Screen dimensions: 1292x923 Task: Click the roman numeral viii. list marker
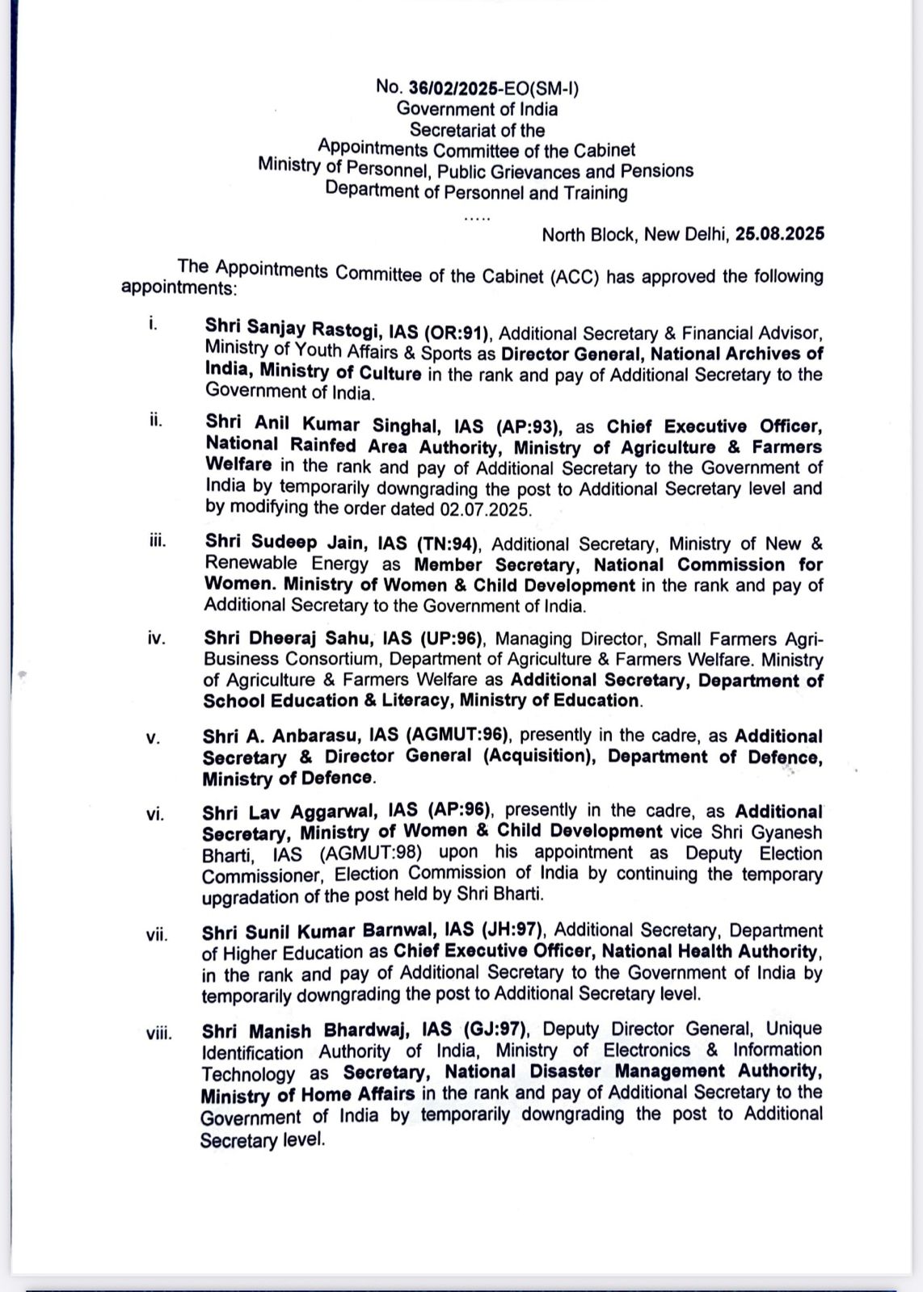click(158, 1034)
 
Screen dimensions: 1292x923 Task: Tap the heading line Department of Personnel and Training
click(476, 192)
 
